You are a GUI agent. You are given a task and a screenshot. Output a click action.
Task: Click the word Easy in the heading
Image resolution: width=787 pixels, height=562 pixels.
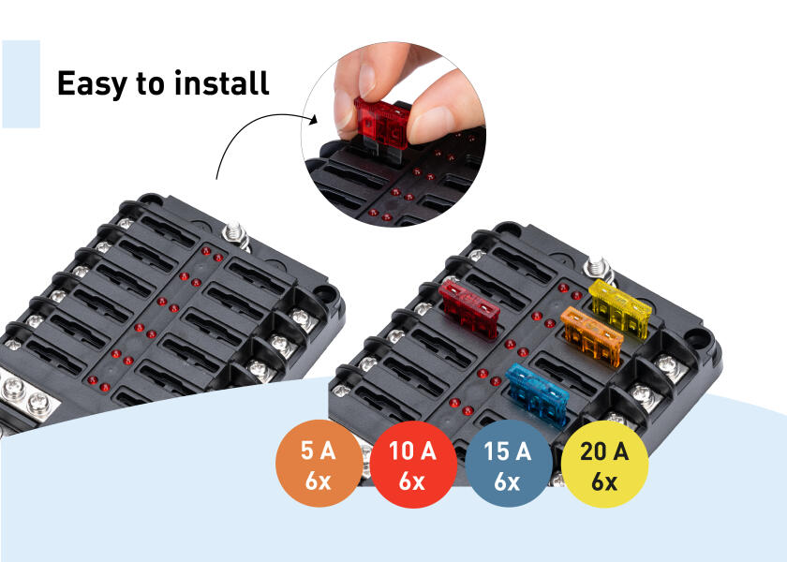93,83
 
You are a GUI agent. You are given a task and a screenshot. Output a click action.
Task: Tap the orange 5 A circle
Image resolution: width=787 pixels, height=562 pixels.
318,466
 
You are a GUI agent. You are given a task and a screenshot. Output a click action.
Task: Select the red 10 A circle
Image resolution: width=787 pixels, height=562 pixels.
412,466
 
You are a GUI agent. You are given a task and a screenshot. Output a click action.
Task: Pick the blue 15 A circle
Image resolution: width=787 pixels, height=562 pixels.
507,466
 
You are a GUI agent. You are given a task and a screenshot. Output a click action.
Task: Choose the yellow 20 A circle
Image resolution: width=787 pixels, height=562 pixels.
604,466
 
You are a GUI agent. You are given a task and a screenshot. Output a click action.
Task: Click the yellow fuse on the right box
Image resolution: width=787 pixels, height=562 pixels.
620,306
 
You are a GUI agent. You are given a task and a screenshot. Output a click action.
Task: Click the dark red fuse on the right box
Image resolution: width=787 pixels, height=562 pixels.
471,310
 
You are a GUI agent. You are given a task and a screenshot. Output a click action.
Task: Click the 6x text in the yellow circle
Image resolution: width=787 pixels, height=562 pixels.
604,483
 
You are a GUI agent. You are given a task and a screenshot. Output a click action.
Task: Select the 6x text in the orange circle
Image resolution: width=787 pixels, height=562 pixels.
318,483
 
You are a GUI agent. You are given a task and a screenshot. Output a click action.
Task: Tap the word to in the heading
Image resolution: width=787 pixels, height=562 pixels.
151,83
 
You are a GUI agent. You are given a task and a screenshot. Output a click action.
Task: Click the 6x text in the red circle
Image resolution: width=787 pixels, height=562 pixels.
412,483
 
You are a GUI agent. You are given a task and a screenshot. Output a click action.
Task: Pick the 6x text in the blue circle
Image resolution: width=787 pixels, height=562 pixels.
507,483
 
